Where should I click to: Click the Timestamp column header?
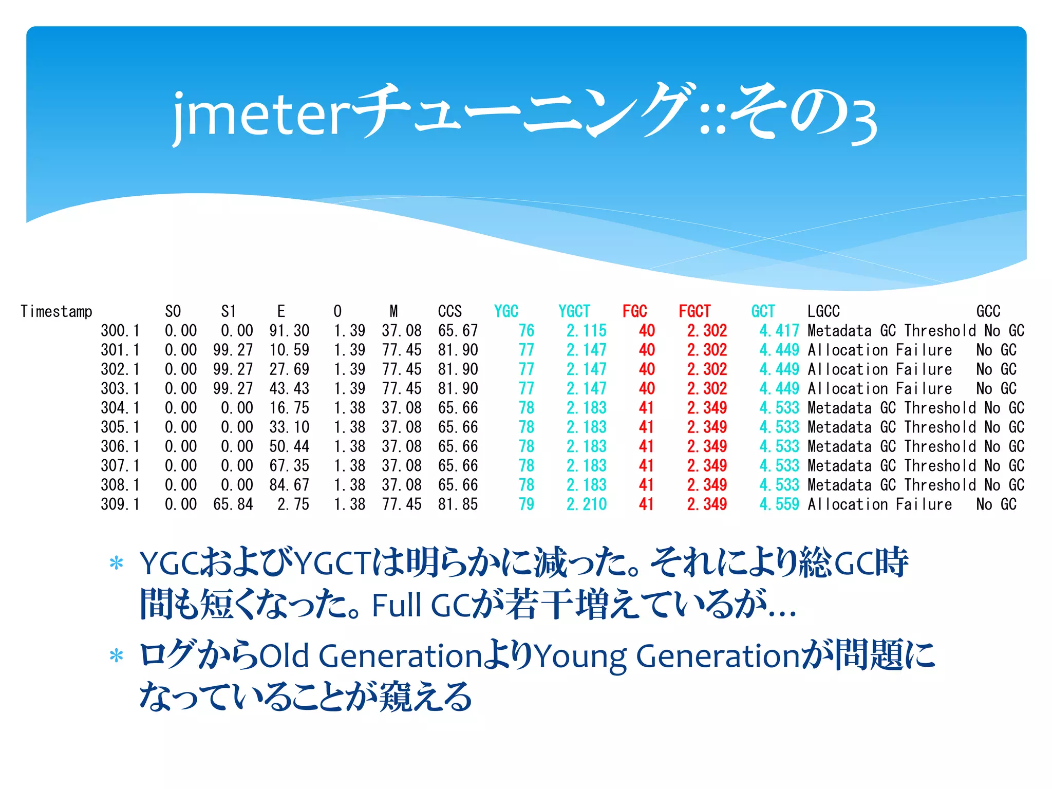(x=57, y=311)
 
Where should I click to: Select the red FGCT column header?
(x=694, y=311)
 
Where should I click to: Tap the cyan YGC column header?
(x=506, y=311)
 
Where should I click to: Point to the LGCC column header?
(x=823, y=311)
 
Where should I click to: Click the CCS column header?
(x=449, y=311)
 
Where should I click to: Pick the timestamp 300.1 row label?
(x=120, y=331)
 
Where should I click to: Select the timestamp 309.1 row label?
(x=120, y=504)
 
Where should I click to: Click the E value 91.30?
(x=289, y=331)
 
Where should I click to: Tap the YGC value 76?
(x=527, y=331)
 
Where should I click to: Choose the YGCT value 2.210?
(x=587, y=504)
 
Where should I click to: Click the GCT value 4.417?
(x=779, y=331)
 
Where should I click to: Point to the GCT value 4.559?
(x=779, y=504)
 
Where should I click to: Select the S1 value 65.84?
(x=233, y=504)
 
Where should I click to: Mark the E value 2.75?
(x=293, y=504)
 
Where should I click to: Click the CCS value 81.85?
(x=458, y=504)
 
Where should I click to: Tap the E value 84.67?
(x=289, y=485)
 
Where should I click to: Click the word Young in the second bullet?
(x=580, y=656)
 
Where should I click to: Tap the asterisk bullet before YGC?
(x=117, y=563)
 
